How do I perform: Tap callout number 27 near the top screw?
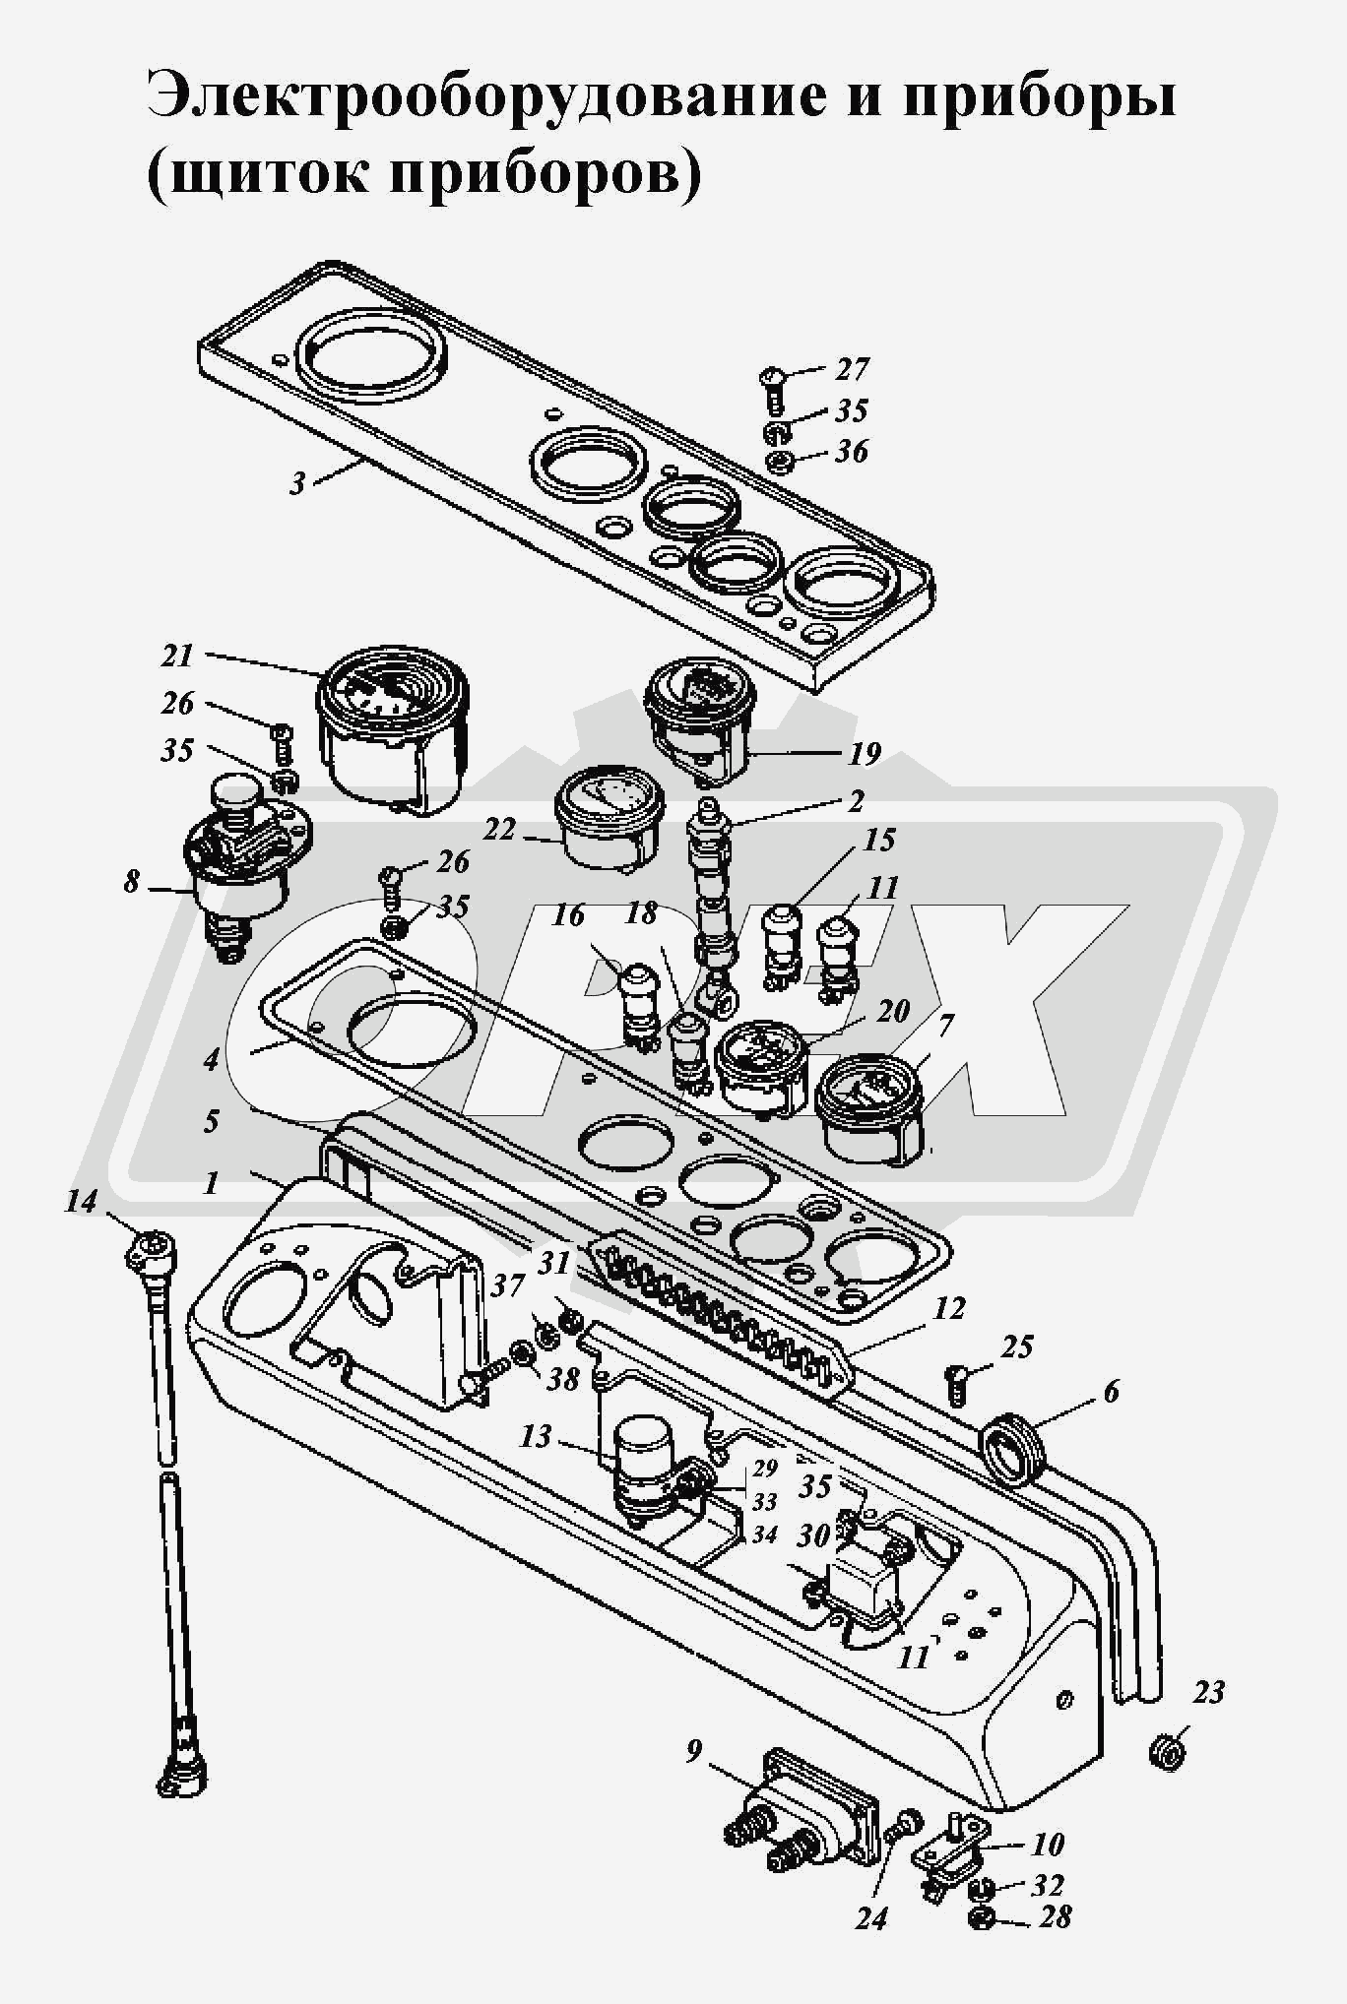point(852,369)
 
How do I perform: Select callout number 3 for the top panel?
point(297,483)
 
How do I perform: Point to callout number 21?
point(177,657)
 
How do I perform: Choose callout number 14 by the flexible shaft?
point(83,1202)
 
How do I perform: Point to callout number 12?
point(949,1309)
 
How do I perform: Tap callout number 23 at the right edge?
point(1208,1692)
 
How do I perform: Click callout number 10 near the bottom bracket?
point(1048,1844)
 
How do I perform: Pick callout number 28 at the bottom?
point(1054,1916)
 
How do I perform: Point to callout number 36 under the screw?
point(852,452)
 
